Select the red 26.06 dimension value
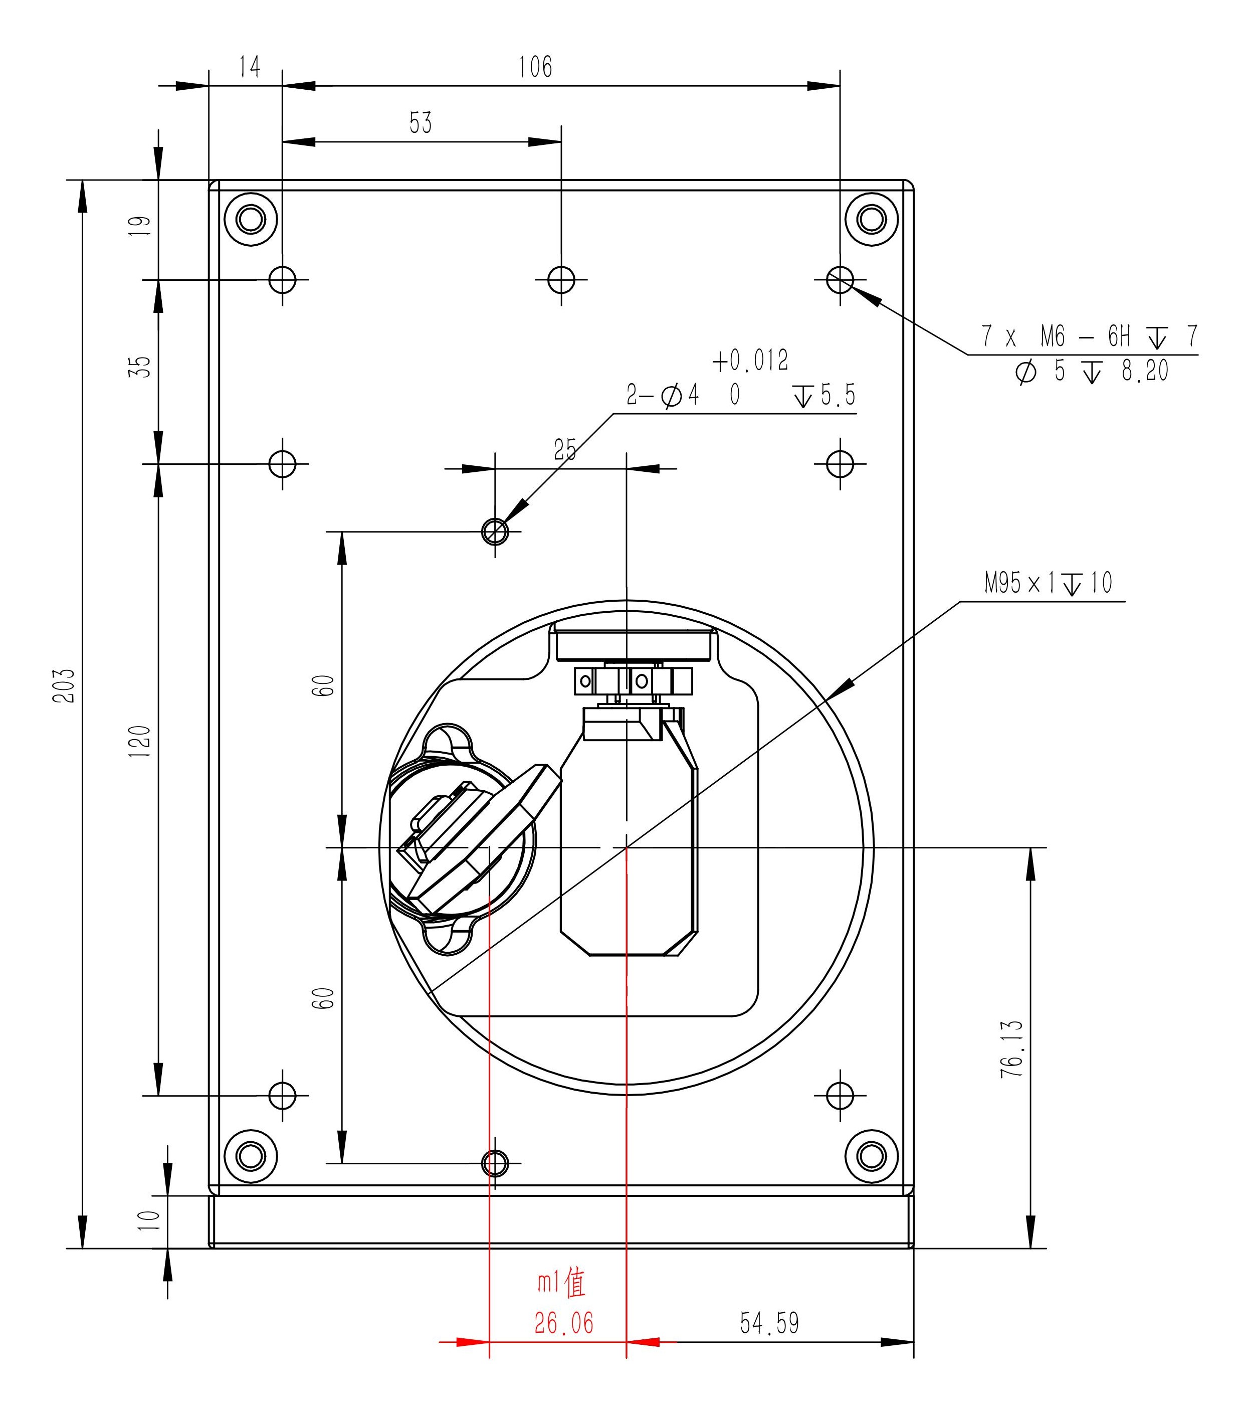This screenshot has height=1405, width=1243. [x=563, y=1323]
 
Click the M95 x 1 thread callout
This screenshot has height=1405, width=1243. [x=1048, y=584]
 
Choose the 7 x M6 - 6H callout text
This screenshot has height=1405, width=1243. [x=1089, y=336]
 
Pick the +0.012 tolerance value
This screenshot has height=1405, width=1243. [x=751, y=360]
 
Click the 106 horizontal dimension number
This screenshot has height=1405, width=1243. [x=535, y=67]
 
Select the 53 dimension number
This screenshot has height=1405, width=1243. [x=421, y=123]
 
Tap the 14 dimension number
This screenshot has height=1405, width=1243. [x=250, y=67]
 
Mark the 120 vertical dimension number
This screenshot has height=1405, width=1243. [x=139, y=742]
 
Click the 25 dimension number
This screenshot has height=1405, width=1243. [x=565, y=450]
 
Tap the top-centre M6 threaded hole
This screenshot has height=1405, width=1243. [x=561, y=280]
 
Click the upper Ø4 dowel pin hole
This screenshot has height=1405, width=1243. [x=495, y=532]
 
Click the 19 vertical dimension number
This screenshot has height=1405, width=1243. [x=139, y=226]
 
